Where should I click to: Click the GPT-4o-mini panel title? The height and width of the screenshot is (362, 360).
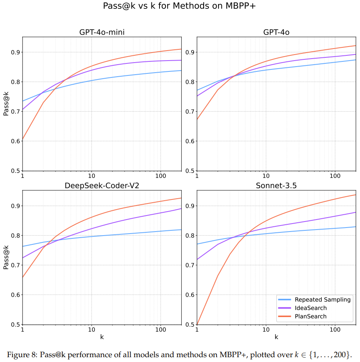102,33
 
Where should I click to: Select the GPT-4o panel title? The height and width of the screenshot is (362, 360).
276,33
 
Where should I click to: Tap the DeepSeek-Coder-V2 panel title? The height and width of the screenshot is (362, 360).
102,186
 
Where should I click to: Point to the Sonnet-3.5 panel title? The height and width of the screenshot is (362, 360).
276,186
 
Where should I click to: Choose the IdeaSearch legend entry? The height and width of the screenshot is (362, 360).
311,308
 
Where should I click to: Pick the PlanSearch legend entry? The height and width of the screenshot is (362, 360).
311,316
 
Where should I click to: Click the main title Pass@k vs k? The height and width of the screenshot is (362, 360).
180,6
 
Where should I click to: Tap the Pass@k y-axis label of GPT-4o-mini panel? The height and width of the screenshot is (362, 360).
6,104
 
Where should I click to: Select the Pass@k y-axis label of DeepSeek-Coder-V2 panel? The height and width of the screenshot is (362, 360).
6,257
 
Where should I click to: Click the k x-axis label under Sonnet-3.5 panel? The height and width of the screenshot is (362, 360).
276,337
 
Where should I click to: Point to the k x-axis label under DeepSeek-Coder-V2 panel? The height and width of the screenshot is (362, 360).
102,337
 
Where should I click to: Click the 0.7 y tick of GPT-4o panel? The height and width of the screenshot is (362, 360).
190,112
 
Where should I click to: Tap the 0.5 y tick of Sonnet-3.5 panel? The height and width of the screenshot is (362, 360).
190,324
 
